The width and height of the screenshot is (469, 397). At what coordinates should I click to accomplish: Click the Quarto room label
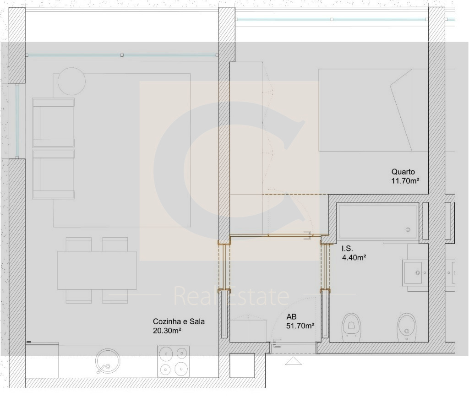403,172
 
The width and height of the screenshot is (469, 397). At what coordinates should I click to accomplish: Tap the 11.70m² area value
405,181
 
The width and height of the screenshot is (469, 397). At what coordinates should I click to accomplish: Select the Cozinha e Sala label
179,321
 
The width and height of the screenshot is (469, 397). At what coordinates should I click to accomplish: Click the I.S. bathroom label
348,249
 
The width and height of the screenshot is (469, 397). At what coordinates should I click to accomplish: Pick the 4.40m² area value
354,257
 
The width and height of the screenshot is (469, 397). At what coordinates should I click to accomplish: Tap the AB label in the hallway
291,317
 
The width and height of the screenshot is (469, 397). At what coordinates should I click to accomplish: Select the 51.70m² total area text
300,326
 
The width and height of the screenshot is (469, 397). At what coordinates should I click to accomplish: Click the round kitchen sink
107,361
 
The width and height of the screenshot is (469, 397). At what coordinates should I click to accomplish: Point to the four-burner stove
174,361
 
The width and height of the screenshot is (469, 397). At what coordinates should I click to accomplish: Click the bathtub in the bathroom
377,221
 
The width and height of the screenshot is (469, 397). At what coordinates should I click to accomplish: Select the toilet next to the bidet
351,327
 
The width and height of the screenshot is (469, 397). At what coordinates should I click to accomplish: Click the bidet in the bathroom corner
407,327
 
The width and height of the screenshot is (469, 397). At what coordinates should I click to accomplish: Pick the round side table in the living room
71,81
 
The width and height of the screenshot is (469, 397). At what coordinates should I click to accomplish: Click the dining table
97,270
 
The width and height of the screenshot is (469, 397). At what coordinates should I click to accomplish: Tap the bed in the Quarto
373,110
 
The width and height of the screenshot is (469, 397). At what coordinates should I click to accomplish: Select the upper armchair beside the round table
53,122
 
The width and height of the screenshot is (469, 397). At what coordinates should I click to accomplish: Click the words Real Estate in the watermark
231,295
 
